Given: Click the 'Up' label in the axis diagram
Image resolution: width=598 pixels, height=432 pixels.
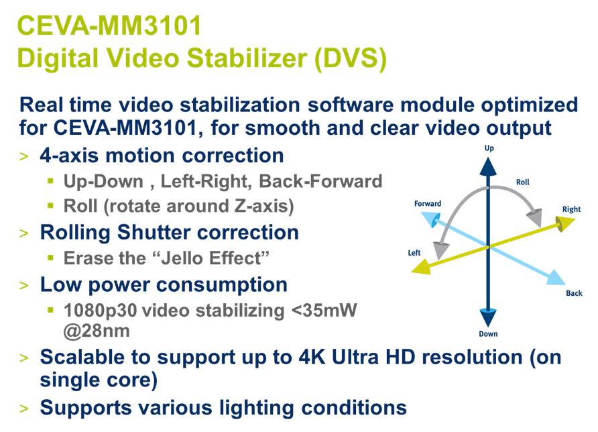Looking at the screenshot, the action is [x=489, y=148].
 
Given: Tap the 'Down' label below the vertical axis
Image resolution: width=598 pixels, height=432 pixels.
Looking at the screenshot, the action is [x=488, y=334].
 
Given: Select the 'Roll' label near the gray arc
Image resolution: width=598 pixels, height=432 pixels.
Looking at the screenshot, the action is [x=522, y=182].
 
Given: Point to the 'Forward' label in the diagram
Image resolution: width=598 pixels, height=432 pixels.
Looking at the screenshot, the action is [x=428, y=203].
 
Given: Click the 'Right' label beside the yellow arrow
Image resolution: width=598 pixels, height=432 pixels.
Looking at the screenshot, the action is [x=571, y=209].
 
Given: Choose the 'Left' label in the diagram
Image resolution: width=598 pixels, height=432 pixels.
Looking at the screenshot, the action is [x=414, y=253].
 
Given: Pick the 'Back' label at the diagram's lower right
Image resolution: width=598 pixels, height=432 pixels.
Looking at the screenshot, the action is [x=574, y=293].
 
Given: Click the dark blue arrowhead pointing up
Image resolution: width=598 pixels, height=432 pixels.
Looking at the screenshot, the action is [x=488, y=167].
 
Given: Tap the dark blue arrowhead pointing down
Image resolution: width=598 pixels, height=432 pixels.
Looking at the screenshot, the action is [x=488, y=317].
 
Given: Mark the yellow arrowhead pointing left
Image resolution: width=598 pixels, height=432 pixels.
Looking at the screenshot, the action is [x=422, y=267].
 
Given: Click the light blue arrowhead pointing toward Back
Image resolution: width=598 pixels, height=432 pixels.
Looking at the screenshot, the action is [x=556, y=278].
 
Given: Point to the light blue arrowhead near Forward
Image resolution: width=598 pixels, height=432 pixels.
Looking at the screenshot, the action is [x=430, y=219].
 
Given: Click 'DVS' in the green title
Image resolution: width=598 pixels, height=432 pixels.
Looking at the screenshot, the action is [x=351, y=58].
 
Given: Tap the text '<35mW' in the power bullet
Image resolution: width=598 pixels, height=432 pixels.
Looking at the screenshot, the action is [x=324, y=311].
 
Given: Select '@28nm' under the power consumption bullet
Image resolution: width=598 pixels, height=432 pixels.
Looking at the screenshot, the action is [x=97, y=331].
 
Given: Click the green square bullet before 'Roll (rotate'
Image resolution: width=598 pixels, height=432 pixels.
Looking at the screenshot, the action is [x=51, y=206].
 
